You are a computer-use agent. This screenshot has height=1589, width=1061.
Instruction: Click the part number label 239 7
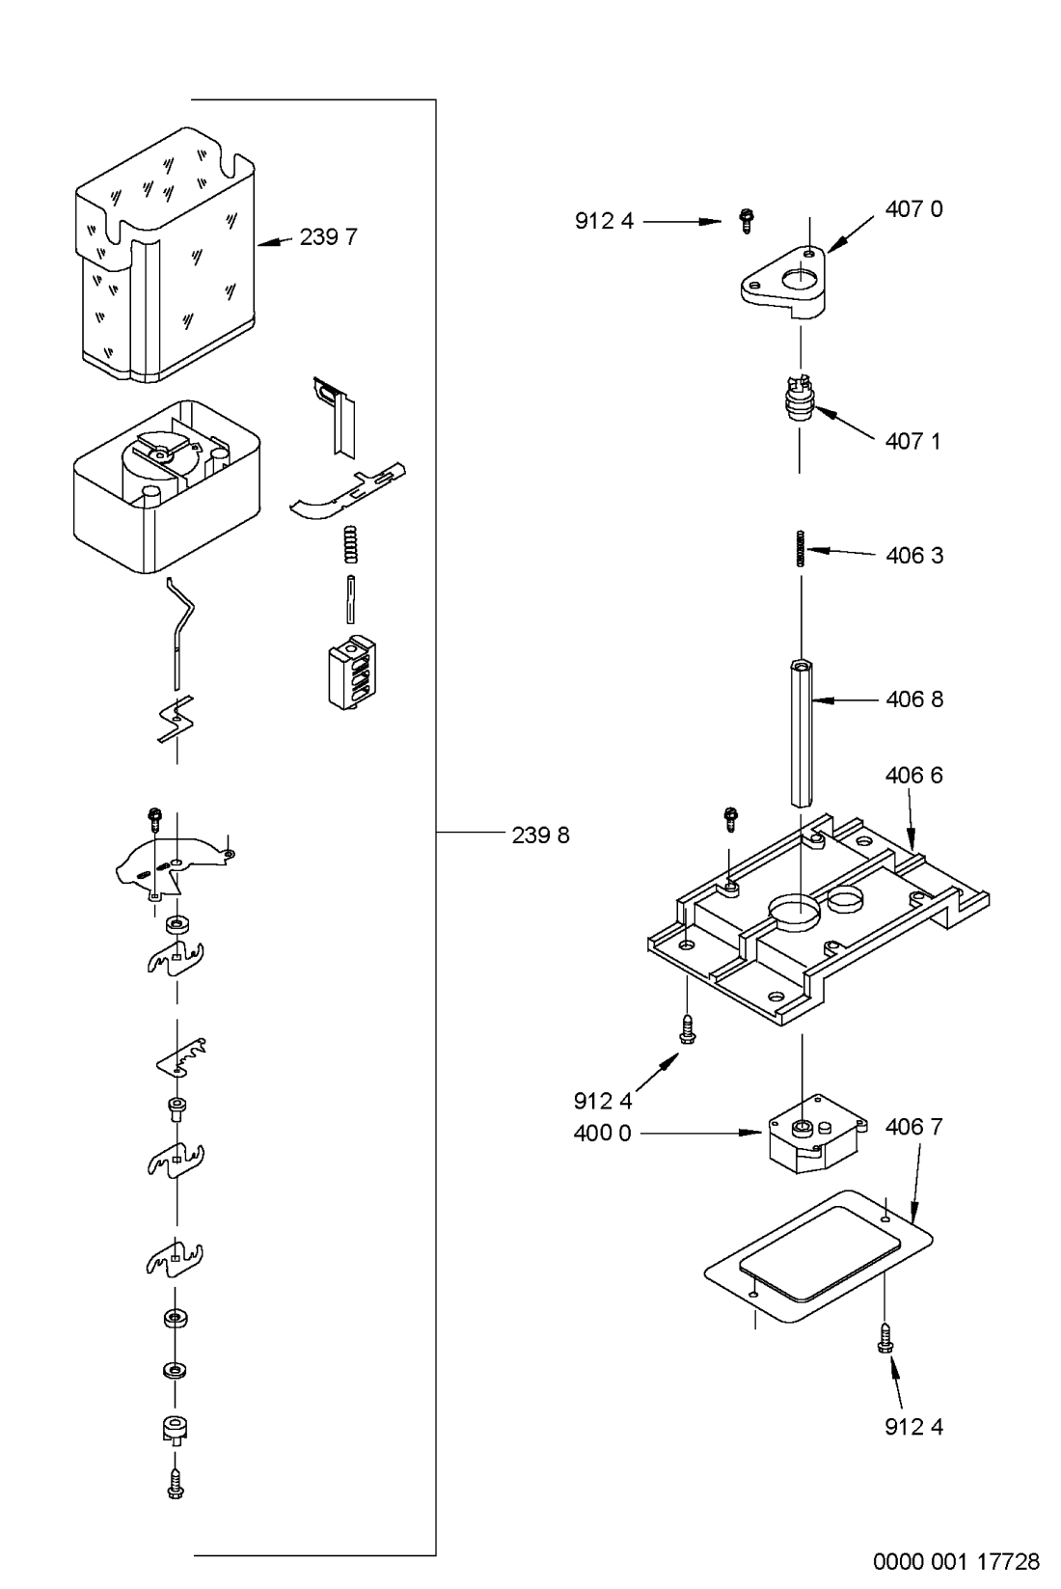pyautogui.click(x=328, y=237)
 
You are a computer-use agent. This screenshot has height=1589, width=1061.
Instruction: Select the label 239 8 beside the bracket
pyautogui.click(x=540, y=836)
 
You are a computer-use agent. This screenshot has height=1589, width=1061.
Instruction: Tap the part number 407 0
pyautogui.click(x=913, y=209)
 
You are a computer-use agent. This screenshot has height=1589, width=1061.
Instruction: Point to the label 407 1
pyautogui.click(x=912, y=441)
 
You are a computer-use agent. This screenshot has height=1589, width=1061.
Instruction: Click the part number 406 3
pyautogui.click(x=914, y=556)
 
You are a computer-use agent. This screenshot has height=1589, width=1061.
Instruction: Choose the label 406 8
pyautogui.click(x=914, y=699)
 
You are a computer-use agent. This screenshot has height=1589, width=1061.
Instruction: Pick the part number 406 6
pyautogui.click(x=913, y=776)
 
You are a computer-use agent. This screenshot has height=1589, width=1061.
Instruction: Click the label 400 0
pyautogui.click(x=602, y=1133)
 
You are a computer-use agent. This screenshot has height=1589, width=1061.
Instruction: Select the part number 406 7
pyautogui.click(x=913, y=1127)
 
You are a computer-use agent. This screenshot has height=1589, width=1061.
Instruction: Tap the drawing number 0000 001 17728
pyautogui.click(x=956, y=1561)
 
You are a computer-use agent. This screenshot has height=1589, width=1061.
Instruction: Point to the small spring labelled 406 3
pyautogui.click(x=801, y=548)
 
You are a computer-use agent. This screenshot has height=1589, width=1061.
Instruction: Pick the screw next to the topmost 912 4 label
pyautogui.click(x=746, y=221)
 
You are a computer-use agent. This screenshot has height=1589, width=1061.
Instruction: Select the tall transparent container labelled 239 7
pyautogui.click(x=165, y=256)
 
